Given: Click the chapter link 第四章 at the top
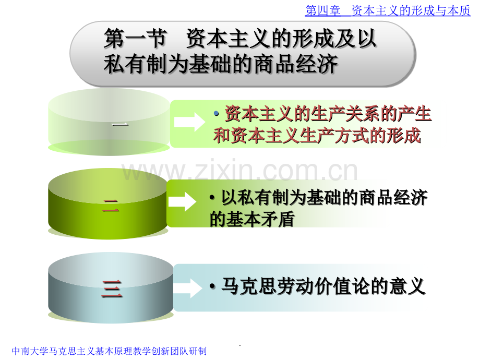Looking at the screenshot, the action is click(322, 11).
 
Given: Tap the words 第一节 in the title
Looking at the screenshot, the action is click(135, 39).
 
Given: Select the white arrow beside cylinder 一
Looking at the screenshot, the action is click(189, 122).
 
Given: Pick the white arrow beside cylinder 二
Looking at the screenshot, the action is click(183, 201).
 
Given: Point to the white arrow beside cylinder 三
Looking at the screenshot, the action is click(188, 288).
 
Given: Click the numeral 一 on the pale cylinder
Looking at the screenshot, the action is click(119, 124).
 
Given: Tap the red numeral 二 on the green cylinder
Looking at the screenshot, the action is click(111, 206).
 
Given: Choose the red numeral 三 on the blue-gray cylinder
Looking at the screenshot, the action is click(112, 289).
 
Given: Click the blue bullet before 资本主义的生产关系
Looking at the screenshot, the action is click(217, 114).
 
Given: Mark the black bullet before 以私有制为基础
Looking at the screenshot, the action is click(212, 197).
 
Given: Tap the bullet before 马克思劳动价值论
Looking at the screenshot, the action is click(212, 286).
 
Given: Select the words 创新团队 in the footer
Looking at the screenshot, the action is click(170, 351).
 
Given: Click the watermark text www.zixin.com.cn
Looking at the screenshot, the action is click(239, 171).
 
